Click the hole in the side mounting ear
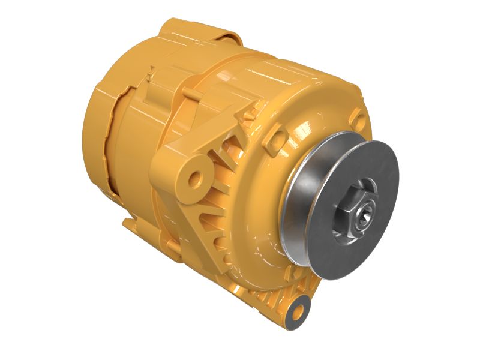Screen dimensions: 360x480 [x=196, y=178]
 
